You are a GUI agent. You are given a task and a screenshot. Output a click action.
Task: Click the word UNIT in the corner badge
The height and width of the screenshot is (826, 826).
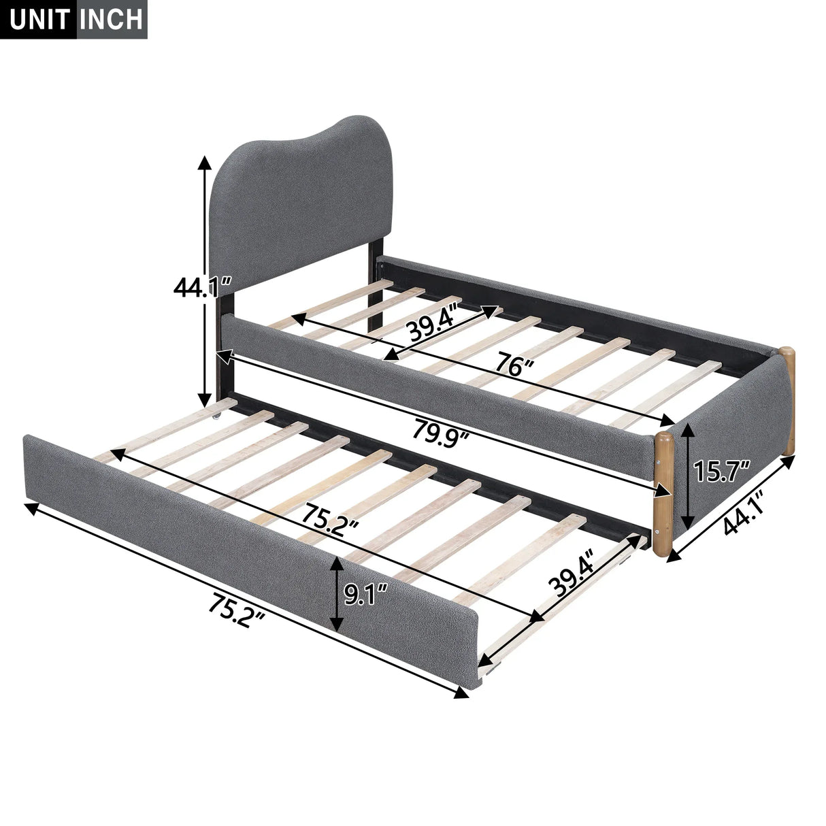pyautogui.click(x=39, y=18)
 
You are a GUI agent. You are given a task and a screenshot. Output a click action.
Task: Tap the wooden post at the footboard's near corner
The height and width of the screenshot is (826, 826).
pyautogui.click(x=663, y=493)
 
